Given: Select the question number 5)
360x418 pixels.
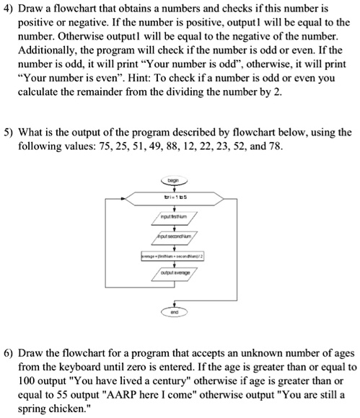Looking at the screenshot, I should click(x=12, y=132).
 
